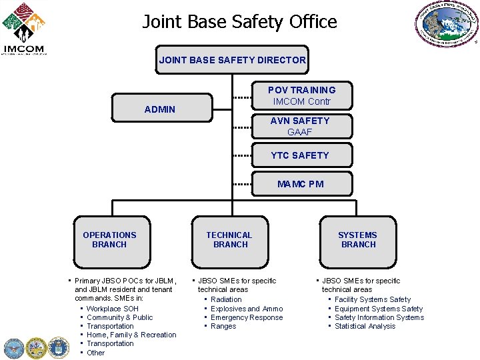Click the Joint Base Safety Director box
(232, 60)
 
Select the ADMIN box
(160, 109)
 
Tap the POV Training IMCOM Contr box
(301, 95)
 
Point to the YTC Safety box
(300, 155)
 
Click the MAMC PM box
(300, 184)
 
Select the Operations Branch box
(109, 240)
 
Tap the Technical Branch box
(229, 240)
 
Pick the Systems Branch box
(357, 240)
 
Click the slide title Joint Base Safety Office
(239, 22)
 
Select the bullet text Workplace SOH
(113, 309)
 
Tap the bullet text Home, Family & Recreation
(131, 335)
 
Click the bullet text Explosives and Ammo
(247, 309)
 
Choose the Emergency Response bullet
(247, 317)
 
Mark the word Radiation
(226, 299)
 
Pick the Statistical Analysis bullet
(365, 326)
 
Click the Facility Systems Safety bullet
(373, 299)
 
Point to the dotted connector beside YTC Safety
(242, 156)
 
